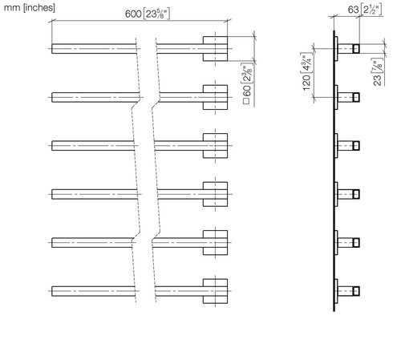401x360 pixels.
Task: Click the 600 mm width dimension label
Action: pyautogui.click(x=148, y=14)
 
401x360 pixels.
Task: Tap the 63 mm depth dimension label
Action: pyautogui.click(x=365, y=10)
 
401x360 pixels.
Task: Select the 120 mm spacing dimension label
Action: pyautogui.click(x=307, y=71)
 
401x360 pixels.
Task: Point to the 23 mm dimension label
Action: pyautogui.click(x=378, y=72)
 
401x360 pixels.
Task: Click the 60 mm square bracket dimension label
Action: pyautogui.click(x=248, y=83)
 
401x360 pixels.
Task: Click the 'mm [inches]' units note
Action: pyautogui.click(x=30, y=7)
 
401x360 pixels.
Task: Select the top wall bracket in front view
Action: pyautogui.click(x=215, y=49)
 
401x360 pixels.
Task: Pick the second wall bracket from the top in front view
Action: pyautogui.click(x=215, y=97)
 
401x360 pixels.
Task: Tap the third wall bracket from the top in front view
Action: pyautogui.click(x=215, y=146)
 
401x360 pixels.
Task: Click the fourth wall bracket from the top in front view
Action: pyautogui.click(x=215, y=194)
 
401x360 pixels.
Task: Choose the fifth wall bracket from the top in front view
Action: pyautogui.click(x=215, y=243)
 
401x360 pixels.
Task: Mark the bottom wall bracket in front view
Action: pyautogui.click(x=215, y=291)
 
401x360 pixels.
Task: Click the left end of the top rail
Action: pyautogui.click(x=52, y=49)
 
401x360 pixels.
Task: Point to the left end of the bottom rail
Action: pyautogui.click(x=52, y=291)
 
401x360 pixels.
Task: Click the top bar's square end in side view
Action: pyautogui.click(x=356, y=49)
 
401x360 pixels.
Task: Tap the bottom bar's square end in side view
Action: pyautogui.click(x=356, y=291)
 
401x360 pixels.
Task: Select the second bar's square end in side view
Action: pyautogui.click(x=356, y=97)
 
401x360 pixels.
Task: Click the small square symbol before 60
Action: pyautogui.click(x=246, y=101)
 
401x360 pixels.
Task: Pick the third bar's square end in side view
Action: pyautogui.click(x=356, y=146)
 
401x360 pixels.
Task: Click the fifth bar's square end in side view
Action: pyautogui.click(x=356, y=243)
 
